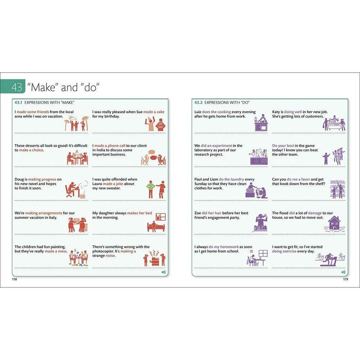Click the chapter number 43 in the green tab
pos(17,87)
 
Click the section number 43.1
pos(18,103)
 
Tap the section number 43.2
pos(198,103)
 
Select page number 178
pos(14,279)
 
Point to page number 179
pos(346,279)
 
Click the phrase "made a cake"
pos(154,112)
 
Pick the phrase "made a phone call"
pos(110,145)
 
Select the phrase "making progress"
pos(42,179)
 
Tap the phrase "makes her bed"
pos(139,213)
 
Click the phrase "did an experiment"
pos(216,145)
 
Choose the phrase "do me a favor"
pos(298,179)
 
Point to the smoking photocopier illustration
pos(154,258)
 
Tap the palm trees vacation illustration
pos(76,123)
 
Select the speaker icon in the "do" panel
pos(343,272)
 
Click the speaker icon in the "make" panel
pos(163,272)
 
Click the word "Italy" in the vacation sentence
pos(53,217)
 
